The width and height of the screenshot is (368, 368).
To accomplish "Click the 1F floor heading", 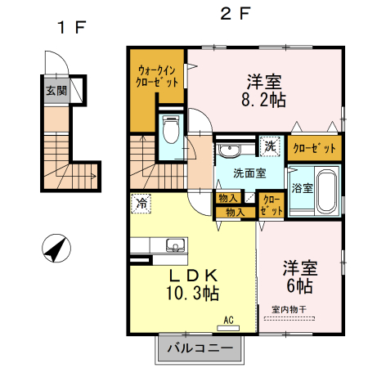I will click(x=72, y=26).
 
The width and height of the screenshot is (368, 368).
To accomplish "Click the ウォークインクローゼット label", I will click(x=158, y=77).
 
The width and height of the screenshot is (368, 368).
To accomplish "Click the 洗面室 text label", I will click(x=249, y=173).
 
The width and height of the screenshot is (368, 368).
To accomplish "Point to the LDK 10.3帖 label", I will click(x=193, y=282).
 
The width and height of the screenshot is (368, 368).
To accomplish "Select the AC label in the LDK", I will click(x=228, y=320).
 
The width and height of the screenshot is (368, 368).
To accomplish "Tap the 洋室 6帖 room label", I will click(x=300, y=276).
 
